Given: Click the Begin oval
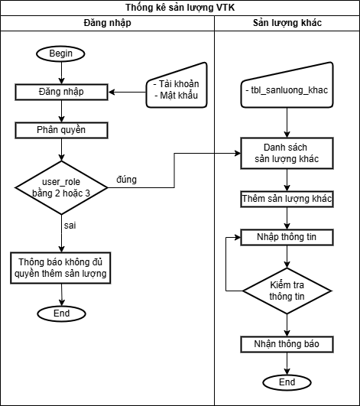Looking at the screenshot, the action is [60, 54].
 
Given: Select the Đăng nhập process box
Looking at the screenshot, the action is [61, 92].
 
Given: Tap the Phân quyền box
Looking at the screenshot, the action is [61, 130].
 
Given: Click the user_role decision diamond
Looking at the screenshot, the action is [61, 188].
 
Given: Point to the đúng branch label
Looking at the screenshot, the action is [126, 180].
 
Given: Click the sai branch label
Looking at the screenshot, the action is [70, 226].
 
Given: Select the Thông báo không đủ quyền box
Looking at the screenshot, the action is [60, 268].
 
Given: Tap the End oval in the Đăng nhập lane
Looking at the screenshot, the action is [62, 313].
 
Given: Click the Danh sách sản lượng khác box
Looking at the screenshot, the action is [287, 153].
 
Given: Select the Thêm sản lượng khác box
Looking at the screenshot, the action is [287, 199].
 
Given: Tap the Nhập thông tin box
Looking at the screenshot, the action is [287, 237].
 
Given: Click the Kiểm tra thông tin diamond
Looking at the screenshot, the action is [287, 291].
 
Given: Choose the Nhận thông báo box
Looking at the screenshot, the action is [287, 344].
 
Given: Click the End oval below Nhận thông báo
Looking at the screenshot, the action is [287, 382].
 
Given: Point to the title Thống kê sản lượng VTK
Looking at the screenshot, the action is [180, 8].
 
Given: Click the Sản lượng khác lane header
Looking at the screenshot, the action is [287, 23].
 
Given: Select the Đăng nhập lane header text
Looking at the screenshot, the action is [108, 23].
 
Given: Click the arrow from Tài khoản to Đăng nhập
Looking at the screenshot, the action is [128, 92].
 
